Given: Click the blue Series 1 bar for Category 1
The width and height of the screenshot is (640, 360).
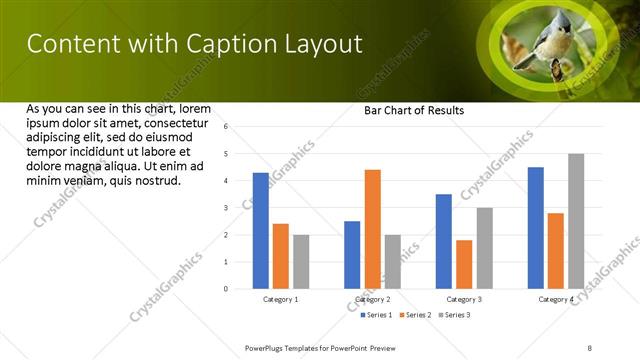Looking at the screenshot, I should (261, 230).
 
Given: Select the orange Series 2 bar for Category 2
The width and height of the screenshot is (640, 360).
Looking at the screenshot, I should (372, 229).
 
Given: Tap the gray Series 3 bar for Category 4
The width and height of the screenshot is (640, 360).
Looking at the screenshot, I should (576, 221).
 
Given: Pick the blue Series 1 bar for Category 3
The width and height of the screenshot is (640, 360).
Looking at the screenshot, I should (444, 241).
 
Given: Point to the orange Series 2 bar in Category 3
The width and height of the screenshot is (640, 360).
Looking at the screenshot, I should (464, 264).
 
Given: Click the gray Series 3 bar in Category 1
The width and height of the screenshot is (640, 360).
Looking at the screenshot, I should (301, 262).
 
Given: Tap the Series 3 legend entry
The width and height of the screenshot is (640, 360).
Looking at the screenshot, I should (455, 315).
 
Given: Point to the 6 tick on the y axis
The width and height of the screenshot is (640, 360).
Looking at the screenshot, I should (227, 127).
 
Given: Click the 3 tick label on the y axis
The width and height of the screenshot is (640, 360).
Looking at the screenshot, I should (227, 208).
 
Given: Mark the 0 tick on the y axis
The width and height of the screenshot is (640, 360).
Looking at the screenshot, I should (227, 289).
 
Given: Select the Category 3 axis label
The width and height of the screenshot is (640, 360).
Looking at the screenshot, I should (464, 299).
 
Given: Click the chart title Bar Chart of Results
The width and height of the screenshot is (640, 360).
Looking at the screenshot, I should (413, 110).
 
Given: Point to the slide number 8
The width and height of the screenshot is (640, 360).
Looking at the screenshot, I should (590, 346).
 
